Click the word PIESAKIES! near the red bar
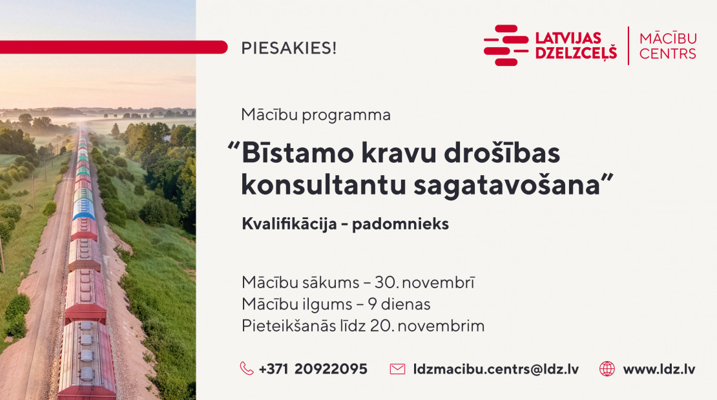[289, 48]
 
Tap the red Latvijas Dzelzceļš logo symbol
[506, 45]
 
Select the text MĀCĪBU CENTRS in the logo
[668, 45]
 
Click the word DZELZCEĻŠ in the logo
[576, 53]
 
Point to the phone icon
[247, 368]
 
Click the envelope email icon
[397, 369]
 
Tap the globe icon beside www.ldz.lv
[607, 368]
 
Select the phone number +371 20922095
[313, 369]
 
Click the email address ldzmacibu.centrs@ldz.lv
[495, 369]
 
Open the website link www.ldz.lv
[659, 369]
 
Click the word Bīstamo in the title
[298, 153]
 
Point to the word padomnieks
[400, 224]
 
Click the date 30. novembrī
[424, 282]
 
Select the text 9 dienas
[399, 304]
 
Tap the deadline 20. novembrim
[427, 326]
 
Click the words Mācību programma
[315, 115]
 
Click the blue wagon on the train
[84, 209]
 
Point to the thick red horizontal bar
[114, 47]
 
